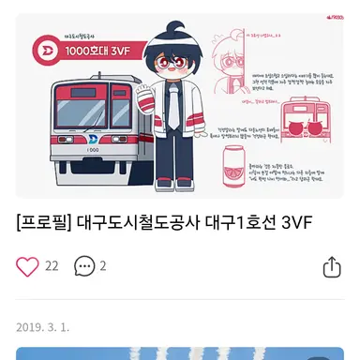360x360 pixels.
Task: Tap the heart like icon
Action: (27, 266)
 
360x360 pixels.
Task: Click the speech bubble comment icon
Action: (84, 266)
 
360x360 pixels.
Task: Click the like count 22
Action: (52, 266)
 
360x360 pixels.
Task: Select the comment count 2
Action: (103, 266)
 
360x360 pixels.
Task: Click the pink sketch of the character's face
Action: (226, 56)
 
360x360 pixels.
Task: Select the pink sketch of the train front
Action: (305, 130)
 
